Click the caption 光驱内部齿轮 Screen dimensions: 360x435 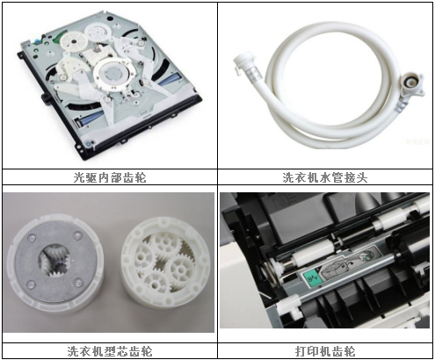point(110,176)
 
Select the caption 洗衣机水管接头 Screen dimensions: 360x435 point(324,176)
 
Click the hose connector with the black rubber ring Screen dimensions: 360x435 point(406,85)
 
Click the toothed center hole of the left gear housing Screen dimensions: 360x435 point(55,260)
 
